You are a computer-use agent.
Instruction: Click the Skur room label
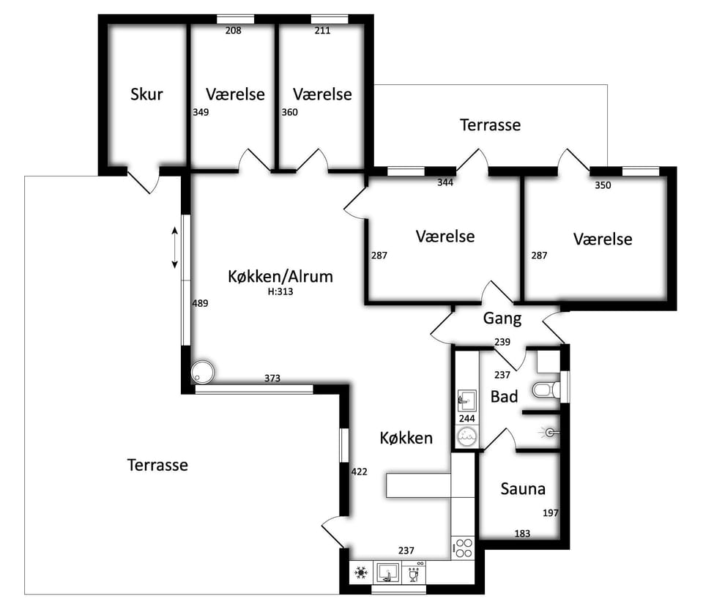click(x=146, y=94)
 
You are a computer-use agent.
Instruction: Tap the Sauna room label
click(x=523, y=488)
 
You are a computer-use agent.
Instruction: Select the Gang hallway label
click(x=502, y=319)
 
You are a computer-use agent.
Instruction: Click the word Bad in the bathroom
click(x=504, y=396)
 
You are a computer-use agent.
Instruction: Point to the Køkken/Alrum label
click(x=280, y=276)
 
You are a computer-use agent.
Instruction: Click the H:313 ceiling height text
click(x=280, y=291)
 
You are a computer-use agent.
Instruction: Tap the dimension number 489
click(x=200, y=303)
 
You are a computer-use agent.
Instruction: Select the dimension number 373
click(x=272, y=379)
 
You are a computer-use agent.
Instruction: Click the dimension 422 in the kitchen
click(x=359, y=472)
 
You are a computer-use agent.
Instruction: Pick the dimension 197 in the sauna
click(x=551, y=513)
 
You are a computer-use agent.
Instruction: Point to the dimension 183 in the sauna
click(x=522, y=534)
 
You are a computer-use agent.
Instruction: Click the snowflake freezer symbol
click(x=361, y=573)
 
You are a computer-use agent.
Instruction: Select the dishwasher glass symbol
click(x=414, y=573)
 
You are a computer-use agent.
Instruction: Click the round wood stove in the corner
click(x=203, y=372)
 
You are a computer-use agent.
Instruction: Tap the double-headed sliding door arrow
click(x=175, y=247)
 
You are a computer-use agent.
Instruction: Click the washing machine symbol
click(x=466, y=436)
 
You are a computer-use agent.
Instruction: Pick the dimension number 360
click(x=289, y=112)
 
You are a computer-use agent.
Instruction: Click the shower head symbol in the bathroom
click(x=550, y=433)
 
